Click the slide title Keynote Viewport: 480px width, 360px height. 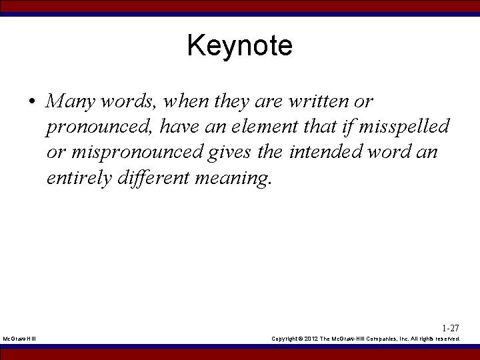tap(239, 46)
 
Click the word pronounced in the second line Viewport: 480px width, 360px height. tap(100, 127)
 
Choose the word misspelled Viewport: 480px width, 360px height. tap(406, 127)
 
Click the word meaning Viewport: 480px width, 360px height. tap(235, 179)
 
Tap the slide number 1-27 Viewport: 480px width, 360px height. tap(451, 328)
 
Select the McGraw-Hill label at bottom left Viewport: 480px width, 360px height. tap(19, 339)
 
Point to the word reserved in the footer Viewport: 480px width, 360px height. tap(446, 339)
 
